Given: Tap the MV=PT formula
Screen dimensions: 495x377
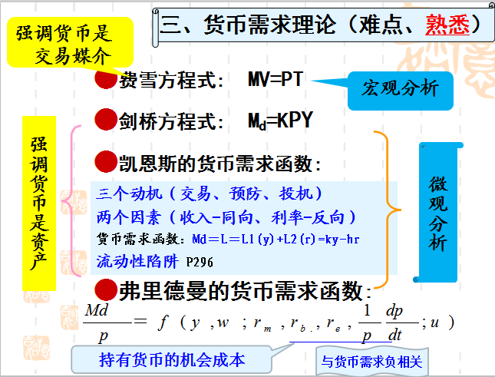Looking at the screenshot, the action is point(276,79).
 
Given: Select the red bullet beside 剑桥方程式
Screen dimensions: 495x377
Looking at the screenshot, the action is point(105,120).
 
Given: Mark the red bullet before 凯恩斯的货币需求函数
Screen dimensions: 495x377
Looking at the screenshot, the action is point(105,161).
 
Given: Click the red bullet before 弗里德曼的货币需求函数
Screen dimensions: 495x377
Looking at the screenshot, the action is point(105,289).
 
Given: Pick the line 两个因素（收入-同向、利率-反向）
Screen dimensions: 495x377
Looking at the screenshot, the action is point(226,216).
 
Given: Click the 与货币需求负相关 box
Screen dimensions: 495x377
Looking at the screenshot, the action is point(372,360).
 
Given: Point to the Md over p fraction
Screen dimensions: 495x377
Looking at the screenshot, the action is point(99,322).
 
